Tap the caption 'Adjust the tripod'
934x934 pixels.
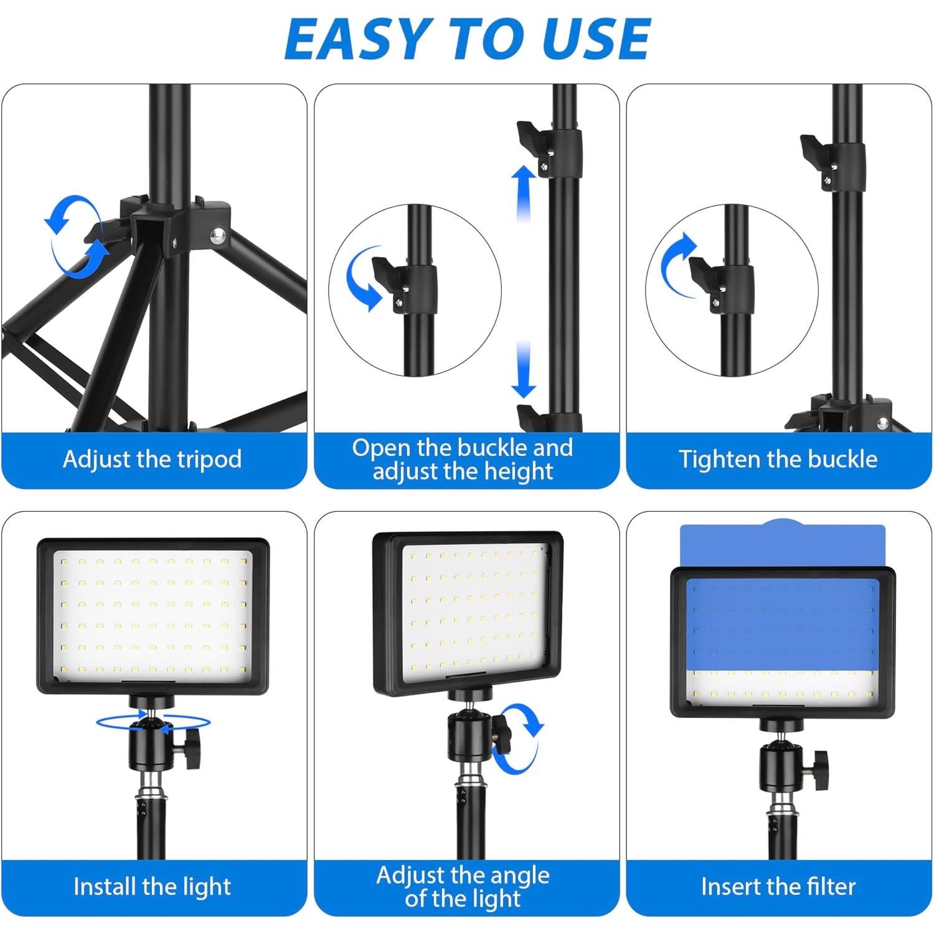(x=153, y=460)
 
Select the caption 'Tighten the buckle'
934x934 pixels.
(x=778, y=460)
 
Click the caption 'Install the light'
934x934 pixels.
(x=153, y=886)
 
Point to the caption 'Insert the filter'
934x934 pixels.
(x=778, y=886)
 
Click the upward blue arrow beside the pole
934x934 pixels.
(x=524, y=193)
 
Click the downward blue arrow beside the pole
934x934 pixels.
(x=524, y=370)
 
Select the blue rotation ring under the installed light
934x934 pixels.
(x=153, y=722)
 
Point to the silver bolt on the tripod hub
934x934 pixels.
(x=217, y=235)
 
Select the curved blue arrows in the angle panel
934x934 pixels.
(x=520, y=738)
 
